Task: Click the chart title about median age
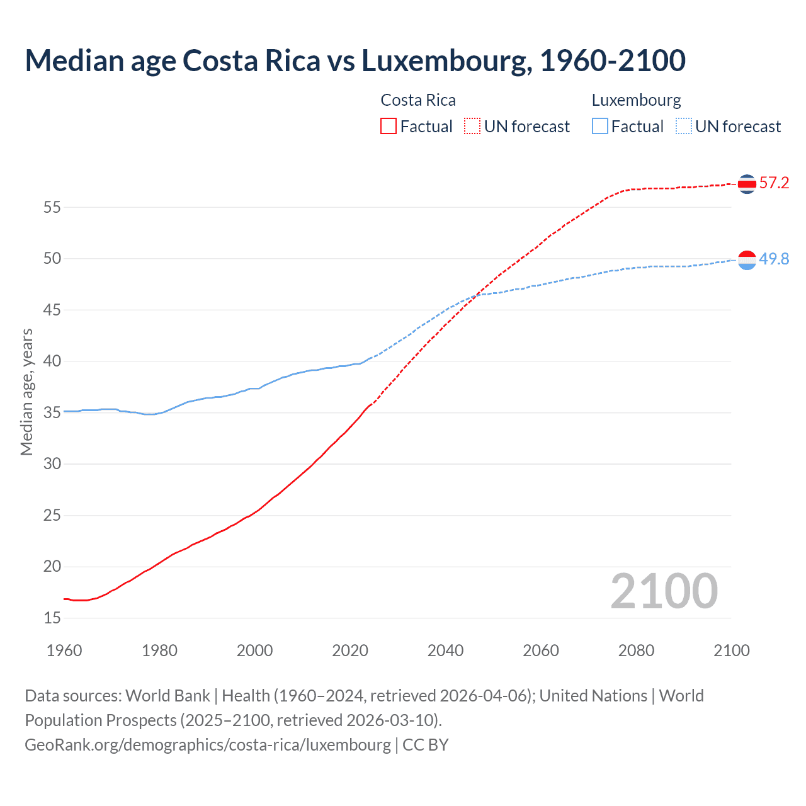coord(355,60)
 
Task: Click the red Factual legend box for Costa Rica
coord(389,127)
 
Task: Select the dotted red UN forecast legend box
coord(472,127)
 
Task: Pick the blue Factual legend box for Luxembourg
coord(599,127)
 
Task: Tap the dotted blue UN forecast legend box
coord(683,127)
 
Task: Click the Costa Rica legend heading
coord(418,100)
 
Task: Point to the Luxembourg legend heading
coord(636,100)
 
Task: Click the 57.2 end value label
coord(774,183)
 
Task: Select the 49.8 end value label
coord(774,259)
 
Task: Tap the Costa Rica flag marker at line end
coord(747,184)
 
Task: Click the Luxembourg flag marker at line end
coord(747,259)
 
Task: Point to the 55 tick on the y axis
coord(52,207)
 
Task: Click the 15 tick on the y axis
coord(52,618)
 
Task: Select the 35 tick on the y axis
coord(52,413)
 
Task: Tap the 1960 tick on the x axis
coord(64,650)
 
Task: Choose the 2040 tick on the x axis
coord(445,650)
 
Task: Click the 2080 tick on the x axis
coord(636,650)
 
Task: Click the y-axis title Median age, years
coord(26,392)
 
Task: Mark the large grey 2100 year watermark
coord(664,591)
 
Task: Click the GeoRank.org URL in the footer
coord(208,745)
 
